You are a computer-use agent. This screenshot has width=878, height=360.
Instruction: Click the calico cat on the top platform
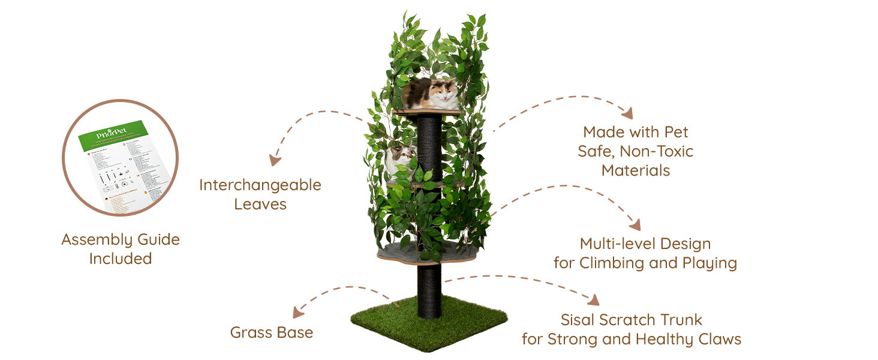430,94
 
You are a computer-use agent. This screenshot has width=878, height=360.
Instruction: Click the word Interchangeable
260,185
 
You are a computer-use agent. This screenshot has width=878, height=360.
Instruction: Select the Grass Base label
272,332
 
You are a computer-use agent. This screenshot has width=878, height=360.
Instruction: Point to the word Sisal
580,320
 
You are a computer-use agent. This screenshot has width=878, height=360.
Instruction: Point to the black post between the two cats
429,144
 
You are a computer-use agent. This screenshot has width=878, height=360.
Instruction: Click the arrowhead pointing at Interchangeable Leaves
275,160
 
